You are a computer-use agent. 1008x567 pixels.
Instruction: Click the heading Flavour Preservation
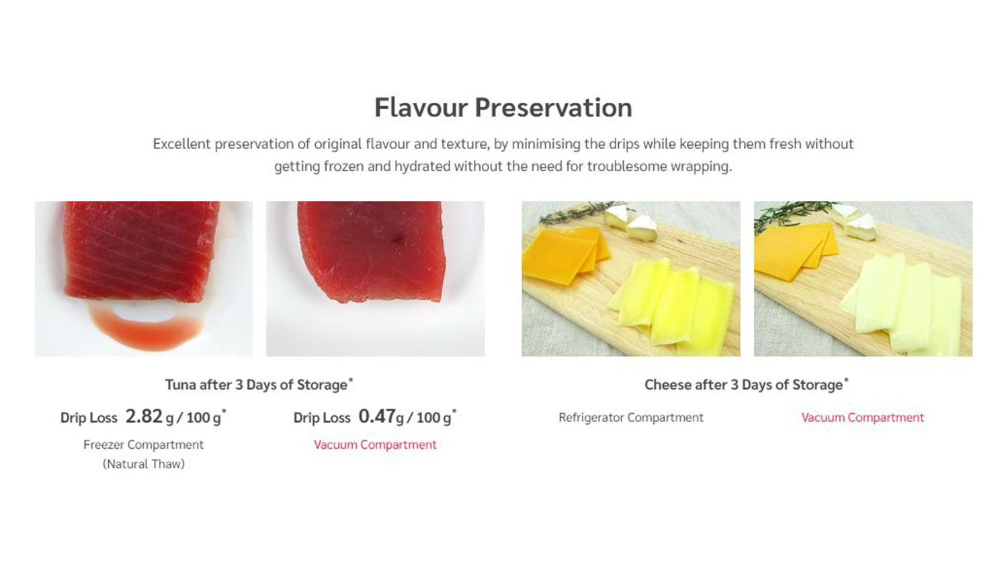(x=503, y=108)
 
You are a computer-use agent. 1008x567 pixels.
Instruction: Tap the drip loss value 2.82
(x=144, y=417)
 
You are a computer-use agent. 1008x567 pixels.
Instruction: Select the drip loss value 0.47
(x=377, y=417)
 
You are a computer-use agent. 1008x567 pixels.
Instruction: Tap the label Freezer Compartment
(x=144, y=445)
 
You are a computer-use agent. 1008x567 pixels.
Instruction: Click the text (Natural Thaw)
(x=144, y=464)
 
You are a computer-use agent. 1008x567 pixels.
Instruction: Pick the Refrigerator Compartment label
(x=631, y=418)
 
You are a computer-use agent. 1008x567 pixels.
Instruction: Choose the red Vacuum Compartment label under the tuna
(x=375, y=445)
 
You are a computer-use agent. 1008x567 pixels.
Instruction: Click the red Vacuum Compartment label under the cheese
(x=863, y=418)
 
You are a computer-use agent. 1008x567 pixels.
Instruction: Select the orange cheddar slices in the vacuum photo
(x=794, y=252)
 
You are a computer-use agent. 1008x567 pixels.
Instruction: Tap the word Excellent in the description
(x=182, y=144)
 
